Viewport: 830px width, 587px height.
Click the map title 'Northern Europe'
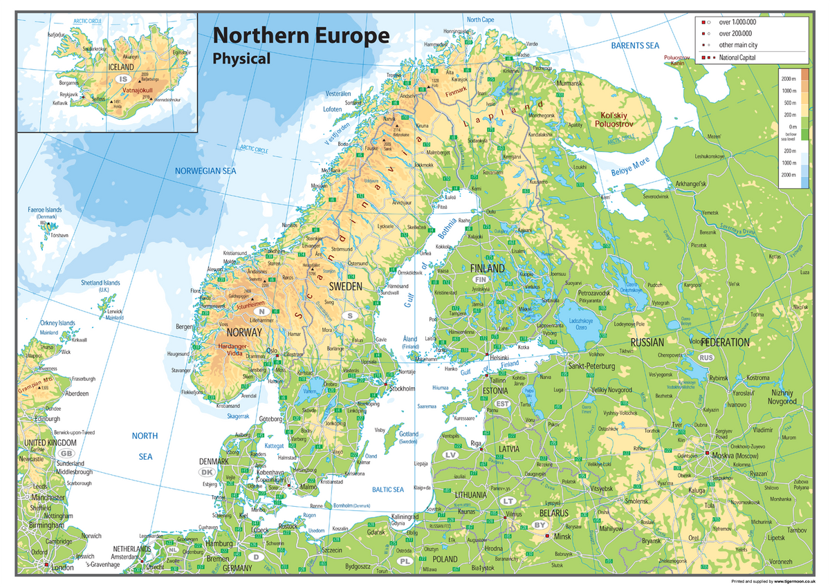click(x=301, y=36)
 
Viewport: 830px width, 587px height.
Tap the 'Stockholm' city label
click(x=403, y=389)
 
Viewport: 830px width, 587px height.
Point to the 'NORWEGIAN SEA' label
click(x=205, y=170)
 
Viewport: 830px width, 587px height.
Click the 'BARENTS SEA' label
click(x=635, y=46)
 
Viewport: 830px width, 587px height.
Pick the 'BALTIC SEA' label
click(x=387, y=490)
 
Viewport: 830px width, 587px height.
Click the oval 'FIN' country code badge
click(x=481, y=279)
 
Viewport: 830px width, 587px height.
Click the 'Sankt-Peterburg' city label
click(x=591, y=365)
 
